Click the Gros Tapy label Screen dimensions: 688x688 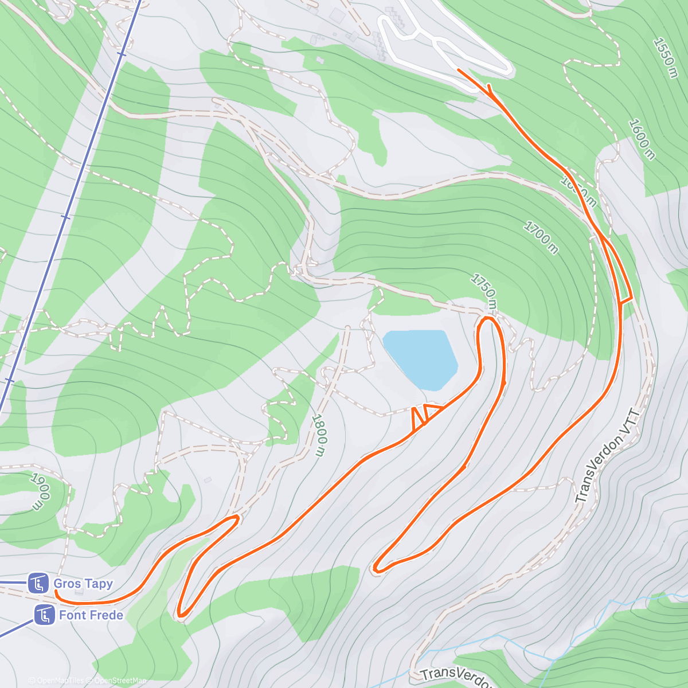[x=83, y=584]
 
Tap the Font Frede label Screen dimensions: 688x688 [x=91, y=615]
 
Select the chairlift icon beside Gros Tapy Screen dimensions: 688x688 [x=38, y=584]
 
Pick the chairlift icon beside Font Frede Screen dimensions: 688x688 [x=44, y=615]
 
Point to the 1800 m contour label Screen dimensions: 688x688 [x=319, y=436]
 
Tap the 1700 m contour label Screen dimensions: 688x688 [x=540, y=237]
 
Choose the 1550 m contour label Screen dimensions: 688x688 [x=666, y=58]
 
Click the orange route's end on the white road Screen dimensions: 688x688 [x=459, y=70]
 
